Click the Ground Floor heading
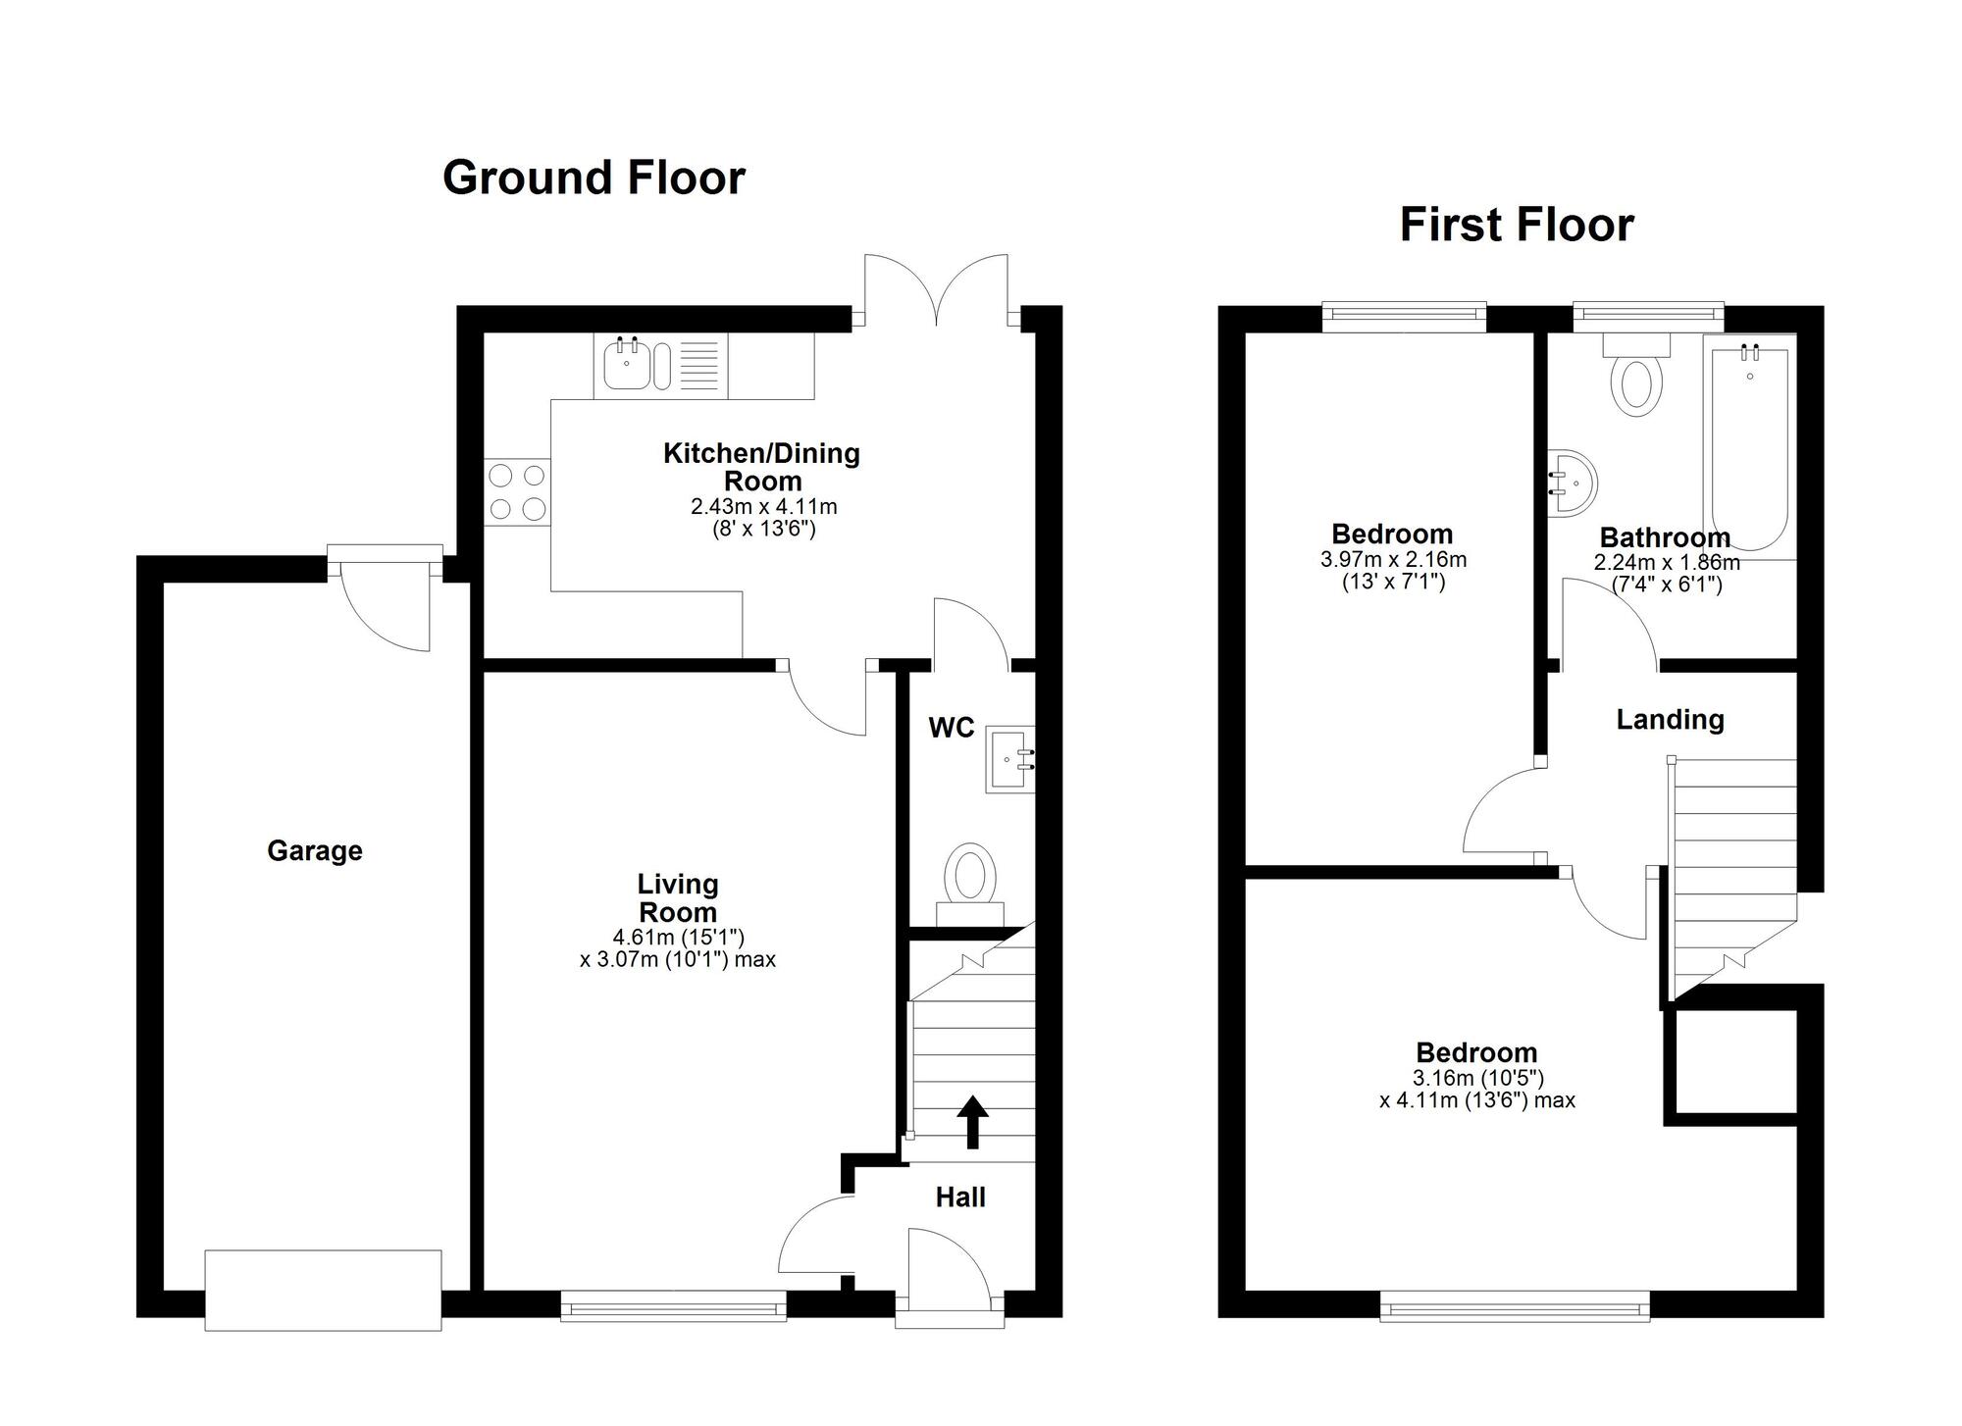[x=594, y=178]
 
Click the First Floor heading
[x=1516, y=225]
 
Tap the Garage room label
[x=314, y=850]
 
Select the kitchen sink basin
[x=626, y=366]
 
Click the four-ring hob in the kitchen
[x=517, y=492]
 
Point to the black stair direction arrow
[x=972, y=1121]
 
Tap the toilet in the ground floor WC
[x=969, y=876]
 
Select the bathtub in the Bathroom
[x=1749, y=446]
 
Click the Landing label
[x=1670, y=720]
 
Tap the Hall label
[x=959, y=1197]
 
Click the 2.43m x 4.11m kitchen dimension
[x=763, y=507]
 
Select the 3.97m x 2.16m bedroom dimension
[x=1392, y=560]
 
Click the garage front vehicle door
[x=323, y=1290]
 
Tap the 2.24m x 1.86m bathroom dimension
[x=1666, y=563]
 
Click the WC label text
[x=951, y=728]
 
